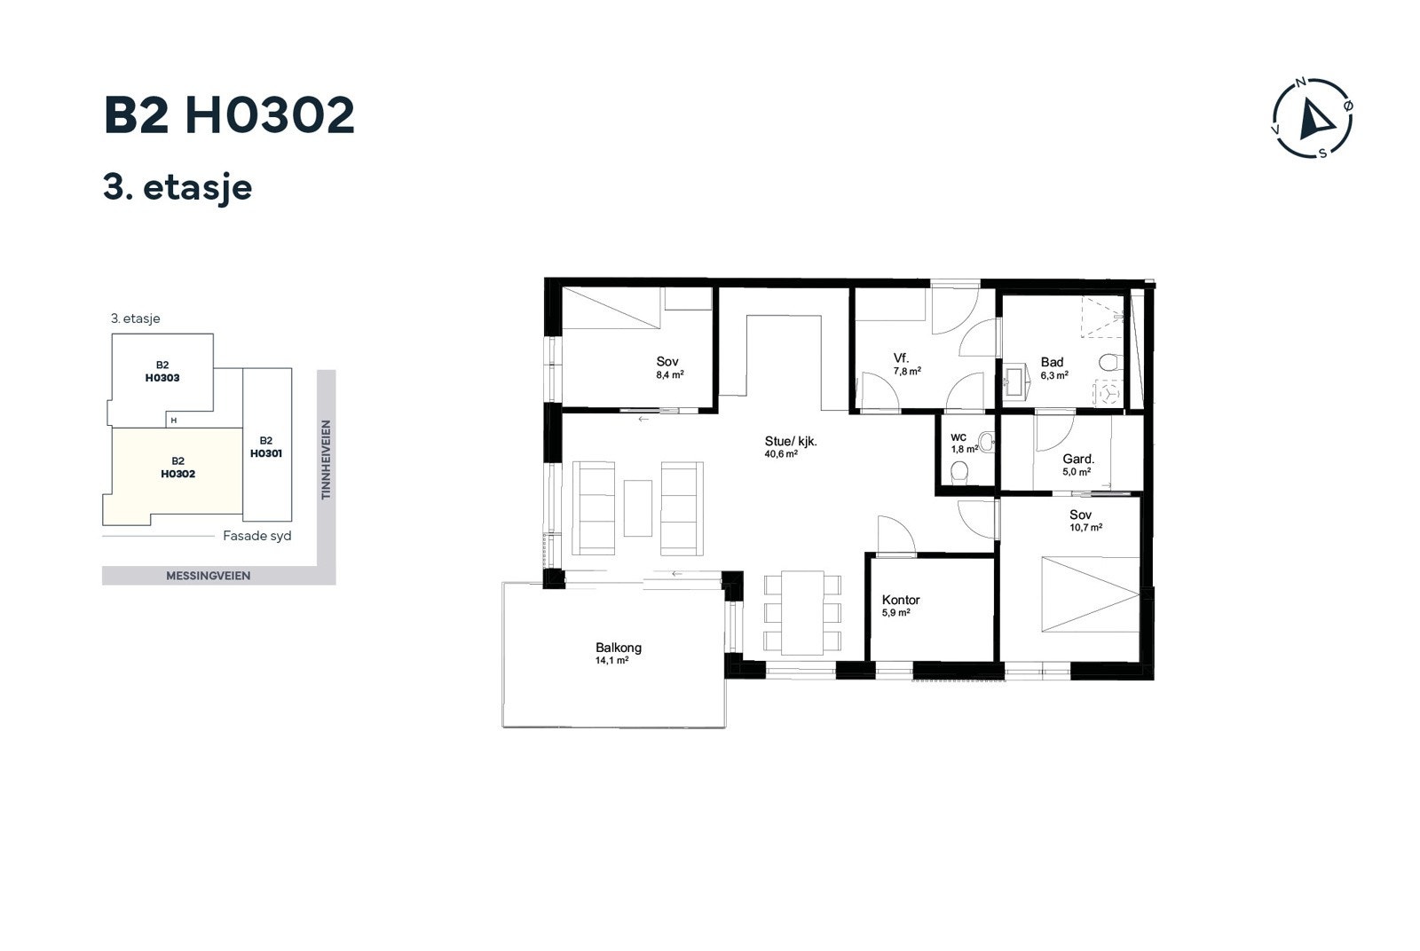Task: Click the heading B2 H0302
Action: click(x=229, y=116)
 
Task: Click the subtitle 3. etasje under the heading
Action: click(x=177, y=187)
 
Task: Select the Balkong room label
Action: click(x=618, y=648)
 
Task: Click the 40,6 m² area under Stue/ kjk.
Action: click(x=780, y=454)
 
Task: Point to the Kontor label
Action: click(x=900, y=600)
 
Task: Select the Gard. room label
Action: click(x=1077, y=459)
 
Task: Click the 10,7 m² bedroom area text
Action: click(x=1085, y=527)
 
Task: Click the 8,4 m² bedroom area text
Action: click(x=669, y=374)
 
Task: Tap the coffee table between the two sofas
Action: click(x=637, y=507)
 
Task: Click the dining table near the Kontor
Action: click(x=801, y=612)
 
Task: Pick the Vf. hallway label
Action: click(x=901, y=358)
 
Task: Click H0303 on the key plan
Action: click(x=162, y=378)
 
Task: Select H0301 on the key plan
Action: click(x=265, y=453)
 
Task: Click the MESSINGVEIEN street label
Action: click(x=208, y=576)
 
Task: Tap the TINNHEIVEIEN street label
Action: click(x=326, y=460)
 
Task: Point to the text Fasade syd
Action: click(x=256, y=536)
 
